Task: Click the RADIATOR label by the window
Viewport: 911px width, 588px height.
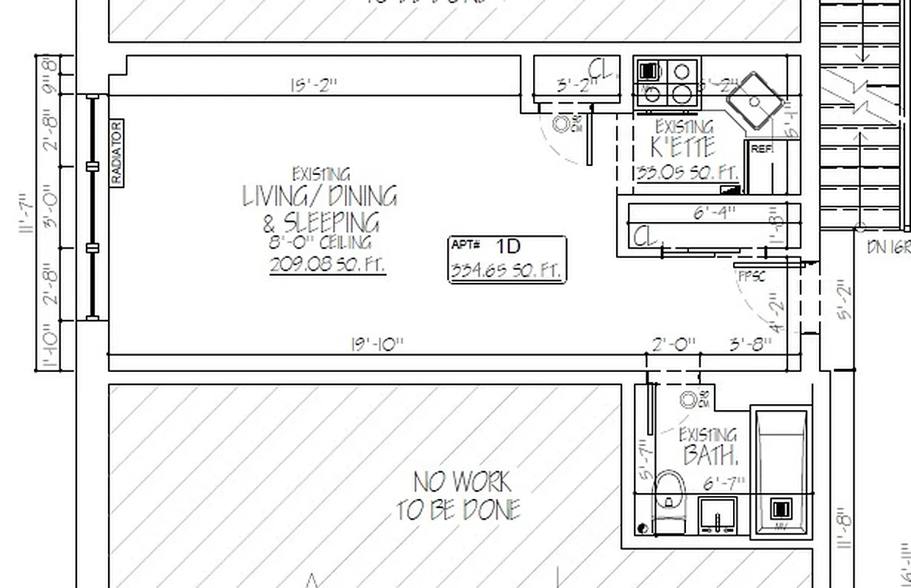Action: tap(117, 153)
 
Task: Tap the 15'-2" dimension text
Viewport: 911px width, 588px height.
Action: tap(312, 85)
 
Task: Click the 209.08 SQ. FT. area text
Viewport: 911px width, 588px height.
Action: tap(327, 265)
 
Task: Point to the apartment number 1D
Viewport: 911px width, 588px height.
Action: tap(508, 245)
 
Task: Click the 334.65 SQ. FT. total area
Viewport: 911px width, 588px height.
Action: tap(507, 270)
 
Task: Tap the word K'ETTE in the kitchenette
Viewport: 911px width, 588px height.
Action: tap(683, 146)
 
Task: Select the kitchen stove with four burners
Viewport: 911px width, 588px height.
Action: tap(667, 82)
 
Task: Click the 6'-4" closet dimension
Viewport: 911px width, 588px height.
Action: tap(715, 214)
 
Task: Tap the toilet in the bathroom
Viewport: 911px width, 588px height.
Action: tap(668, 500)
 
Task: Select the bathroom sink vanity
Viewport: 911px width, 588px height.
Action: tap(718, 515)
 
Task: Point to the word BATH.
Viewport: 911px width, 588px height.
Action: tap(710, 456)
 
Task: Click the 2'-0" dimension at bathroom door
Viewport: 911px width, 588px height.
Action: tap(674, 344)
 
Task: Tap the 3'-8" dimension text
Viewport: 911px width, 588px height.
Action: tap(750, 344)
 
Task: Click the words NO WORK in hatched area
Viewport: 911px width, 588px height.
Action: tap(462, 483)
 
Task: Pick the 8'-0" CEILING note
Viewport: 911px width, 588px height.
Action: tap(320, 243)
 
